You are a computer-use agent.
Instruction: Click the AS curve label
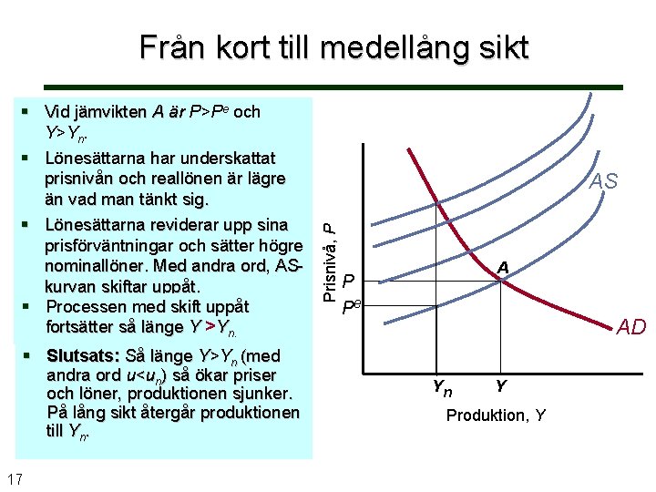(602, 181)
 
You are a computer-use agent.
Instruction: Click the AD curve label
(630, 327)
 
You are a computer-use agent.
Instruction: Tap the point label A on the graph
(502, 267)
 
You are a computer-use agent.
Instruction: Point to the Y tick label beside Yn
(501, 386)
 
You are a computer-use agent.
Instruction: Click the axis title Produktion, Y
(496, 415)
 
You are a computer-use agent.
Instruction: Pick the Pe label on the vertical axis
(351, 306)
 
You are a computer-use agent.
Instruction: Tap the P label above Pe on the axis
(348, 282)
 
